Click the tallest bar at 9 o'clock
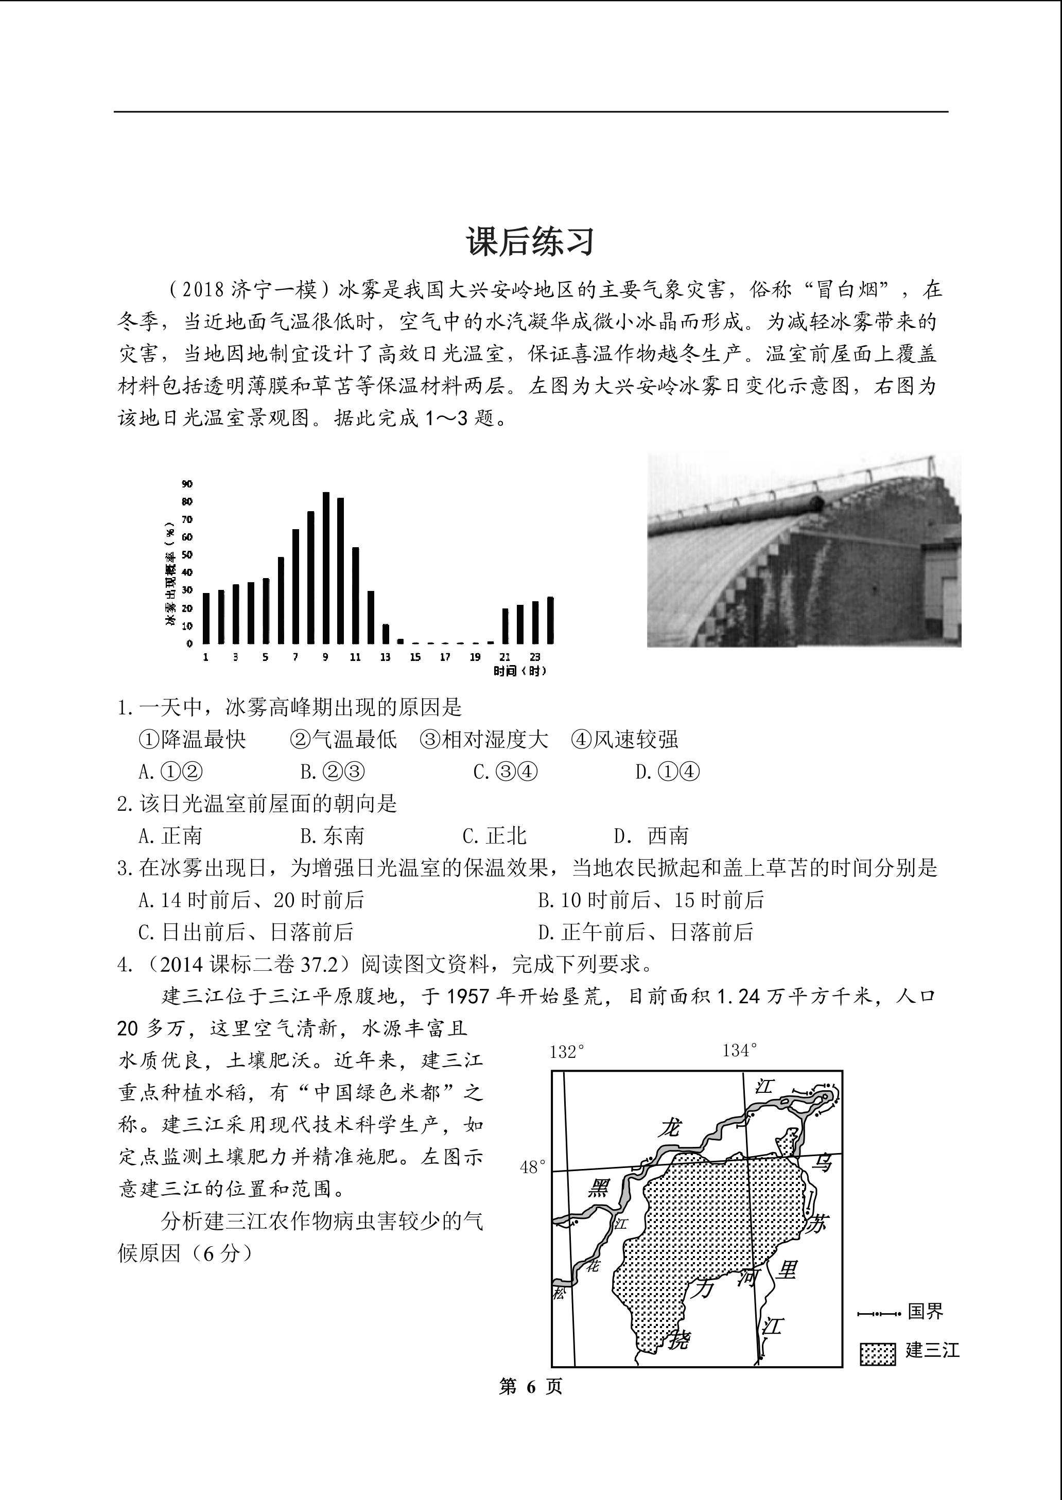tap(326, 568)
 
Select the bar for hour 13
tap(386, 634)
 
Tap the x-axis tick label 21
tap(505, 656)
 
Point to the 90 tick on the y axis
tap(187, 484)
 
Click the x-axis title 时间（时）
tap(519, 671)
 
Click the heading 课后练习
tap(530, 241)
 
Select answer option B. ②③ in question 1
tap(332, 772)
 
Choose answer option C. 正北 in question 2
tap(494, 835)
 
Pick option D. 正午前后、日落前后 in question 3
tap(646, 932)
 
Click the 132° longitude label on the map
tap(566, 1052)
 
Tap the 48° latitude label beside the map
tap(533, 1167)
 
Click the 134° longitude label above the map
tap(740, 1051)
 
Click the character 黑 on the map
tap(598, 1188)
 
